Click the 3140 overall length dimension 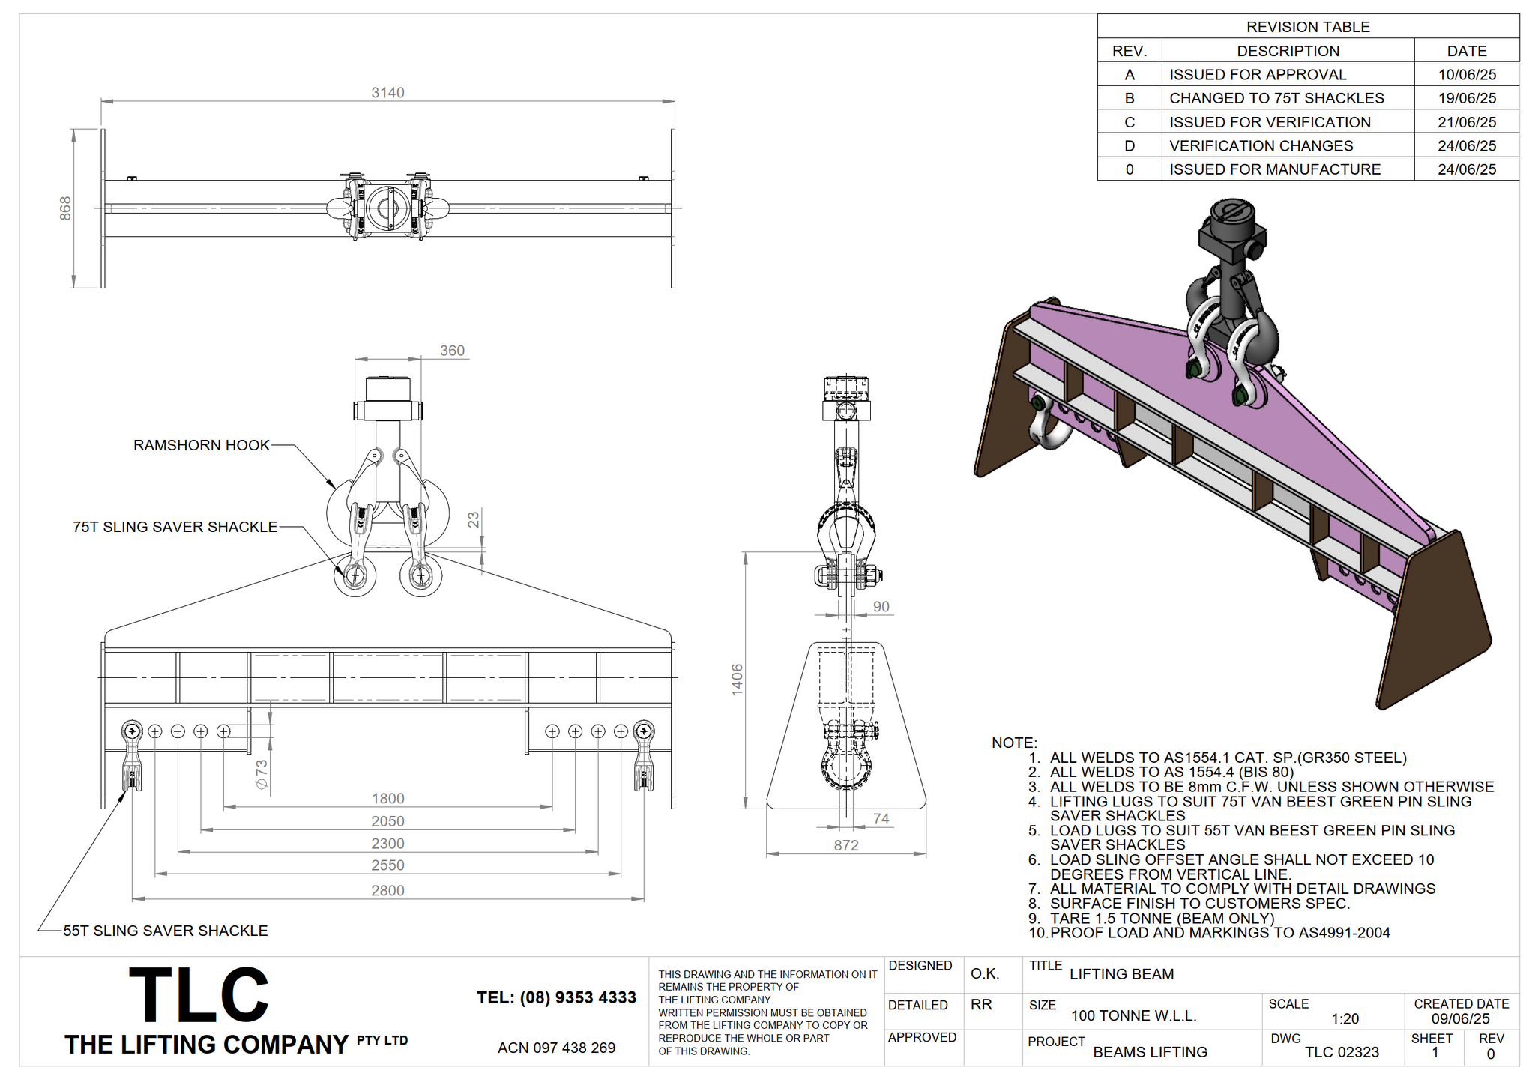(387, 93)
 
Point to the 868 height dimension (66, 208)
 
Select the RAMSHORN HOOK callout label (201, 445)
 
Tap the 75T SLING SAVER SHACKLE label (175, 527)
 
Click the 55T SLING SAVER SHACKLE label (165, 931)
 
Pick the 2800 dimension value (387, 890)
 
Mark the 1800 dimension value (387, 799)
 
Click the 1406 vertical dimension (738, 680)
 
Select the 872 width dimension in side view (846, 845)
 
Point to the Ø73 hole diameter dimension (262, 775)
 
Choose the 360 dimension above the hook (452, 351)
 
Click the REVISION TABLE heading (1308, 27)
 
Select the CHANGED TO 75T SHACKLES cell (1276, 98)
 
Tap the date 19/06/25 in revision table (1467, 98)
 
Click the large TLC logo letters (199, 994)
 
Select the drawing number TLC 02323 (1342, 1052)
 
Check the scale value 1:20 (1345, 1019)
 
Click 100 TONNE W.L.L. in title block (1133, 1016)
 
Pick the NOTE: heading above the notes (1014, 743)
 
